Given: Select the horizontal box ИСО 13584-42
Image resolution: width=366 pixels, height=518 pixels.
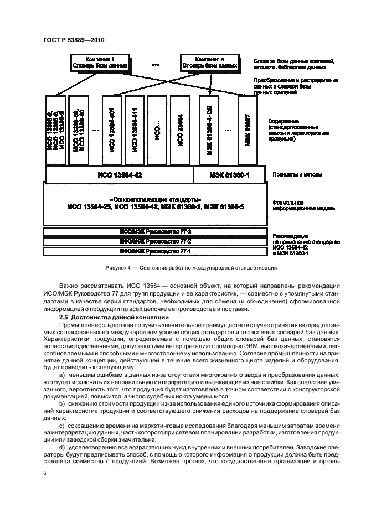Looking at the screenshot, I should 118,175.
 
